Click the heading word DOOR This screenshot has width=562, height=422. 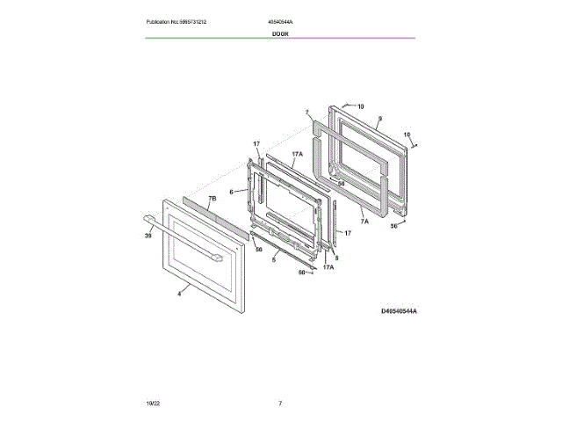(280, 33)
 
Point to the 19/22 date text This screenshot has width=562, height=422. (153, 403)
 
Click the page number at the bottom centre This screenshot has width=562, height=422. (280, 403)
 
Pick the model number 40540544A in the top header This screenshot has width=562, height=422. (280, 21)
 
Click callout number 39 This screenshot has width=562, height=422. (148, 236)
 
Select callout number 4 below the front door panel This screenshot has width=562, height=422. (179, 294)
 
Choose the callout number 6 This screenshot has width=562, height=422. (232, 192)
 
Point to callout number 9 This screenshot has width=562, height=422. (379, 118)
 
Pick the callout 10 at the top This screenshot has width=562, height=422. (359, 105)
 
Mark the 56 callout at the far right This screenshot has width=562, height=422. (394, 226)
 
